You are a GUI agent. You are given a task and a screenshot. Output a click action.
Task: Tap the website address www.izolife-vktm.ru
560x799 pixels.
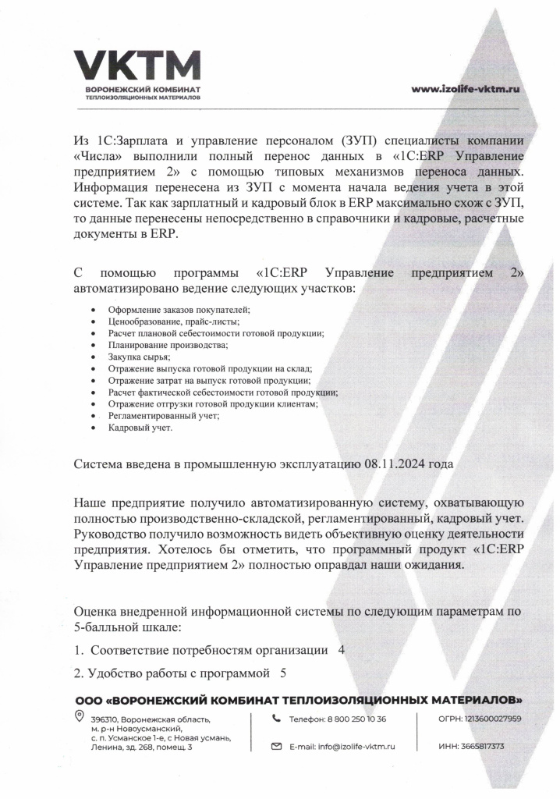coord(466,89)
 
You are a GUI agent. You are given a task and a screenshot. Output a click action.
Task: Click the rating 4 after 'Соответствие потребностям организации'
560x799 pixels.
coord(342,650)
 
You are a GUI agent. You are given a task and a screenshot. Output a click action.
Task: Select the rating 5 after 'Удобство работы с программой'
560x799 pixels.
coord(283,672)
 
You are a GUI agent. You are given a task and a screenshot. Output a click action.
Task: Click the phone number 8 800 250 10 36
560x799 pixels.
coord(353,719)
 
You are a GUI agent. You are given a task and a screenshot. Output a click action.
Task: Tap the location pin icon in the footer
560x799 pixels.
coord(79,716)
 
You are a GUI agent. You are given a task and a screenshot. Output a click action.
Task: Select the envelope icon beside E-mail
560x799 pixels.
coord(275,747)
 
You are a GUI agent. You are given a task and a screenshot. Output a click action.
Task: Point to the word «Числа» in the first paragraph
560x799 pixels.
coord(97,155)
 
